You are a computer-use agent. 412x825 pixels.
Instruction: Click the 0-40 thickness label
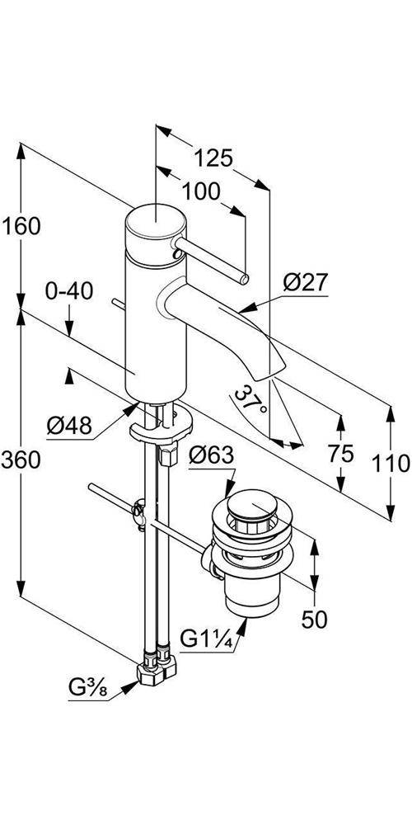click(70, 291)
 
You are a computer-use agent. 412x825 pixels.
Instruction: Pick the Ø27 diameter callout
click(305, 283)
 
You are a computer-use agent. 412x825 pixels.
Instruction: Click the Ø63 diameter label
click(212, 455)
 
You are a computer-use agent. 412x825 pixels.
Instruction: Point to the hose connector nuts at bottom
click(157, 665)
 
